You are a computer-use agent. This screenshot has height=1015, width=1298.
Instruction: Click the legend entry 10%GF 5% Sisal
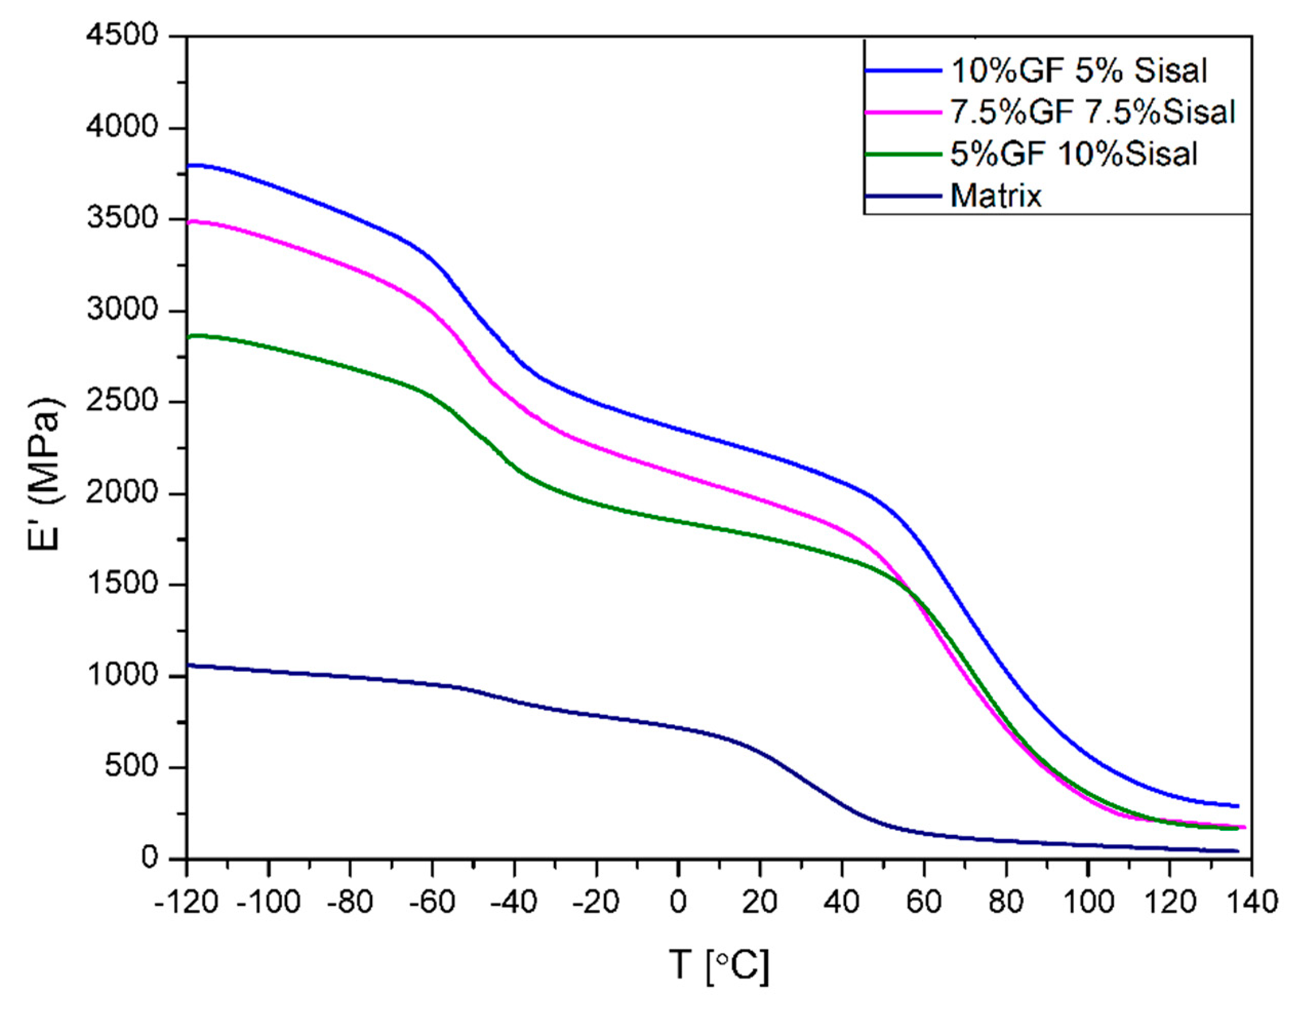[x=1079, y=71]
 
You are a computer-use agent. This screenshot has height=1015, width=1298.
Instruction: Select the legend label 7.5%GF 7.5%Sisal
[x=1092, y=112]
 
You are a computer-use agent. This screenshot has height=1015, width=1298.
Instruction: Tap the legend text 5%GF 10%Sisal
[x=1073, y=154]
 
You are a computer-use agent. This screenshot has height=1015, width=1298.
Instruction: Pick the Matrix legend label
[x=995, y=195]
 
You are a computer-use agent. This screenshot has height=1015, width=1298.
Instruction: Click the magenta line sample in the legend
[x=904, y=112]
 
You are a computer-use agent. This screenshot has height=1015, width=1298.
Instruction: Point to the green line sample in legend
[x=904, y=154]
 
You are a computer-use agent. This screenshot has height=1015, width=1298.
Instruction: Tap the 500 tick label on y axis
[x=132, y=768]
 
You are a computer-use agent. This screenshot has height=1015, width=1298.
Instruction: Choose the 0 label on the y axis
[x=150, y=859]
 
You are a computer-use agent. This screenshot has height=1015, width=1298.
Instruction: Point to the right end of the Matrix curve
[x=1237, y=851]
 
